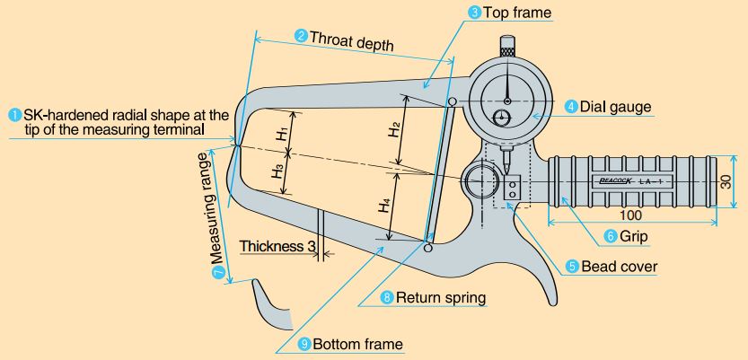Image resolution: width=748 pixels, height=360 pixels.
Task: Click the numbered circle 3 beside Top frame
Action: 475,13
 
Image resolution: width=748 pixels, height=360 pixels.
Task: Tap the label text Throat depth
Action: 352,40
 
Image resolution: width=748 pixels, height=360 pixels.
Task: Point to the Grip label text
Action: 634,236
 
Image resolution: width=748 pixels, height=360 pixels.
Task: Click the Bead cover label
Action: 620,267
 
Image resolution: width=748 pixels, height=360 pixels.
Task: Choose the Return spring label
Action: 441,297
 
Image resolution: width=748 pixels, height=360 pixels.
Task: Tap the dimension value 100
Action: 630,215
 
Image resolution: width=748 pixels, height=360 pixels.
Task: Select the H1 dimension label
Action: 282,134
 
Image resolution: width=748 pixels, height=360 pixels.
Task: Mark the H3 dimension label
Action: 279,172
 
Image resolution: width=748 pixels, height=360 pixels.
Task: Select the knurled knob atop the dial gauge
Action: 507,43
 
